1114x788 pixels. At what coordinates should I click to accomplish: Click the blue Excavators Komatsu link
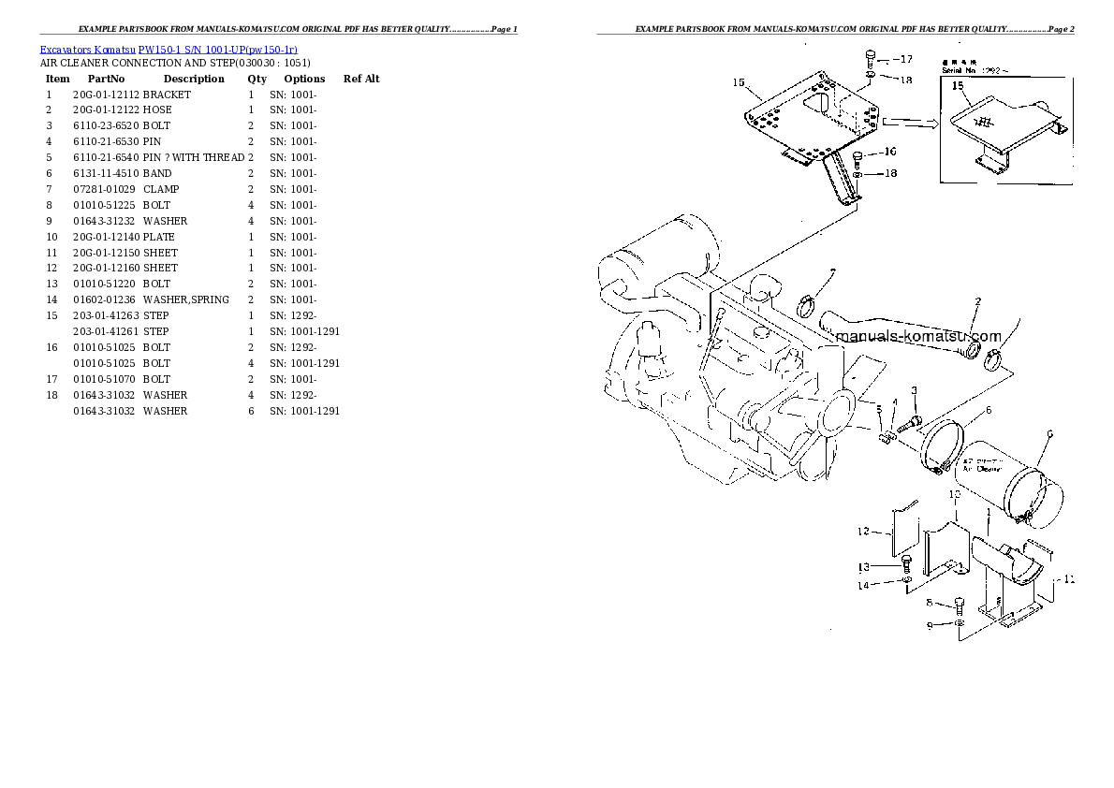pos(88,48)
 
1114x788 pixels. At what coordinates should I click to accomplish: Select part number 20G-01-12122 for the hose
pos(106,110)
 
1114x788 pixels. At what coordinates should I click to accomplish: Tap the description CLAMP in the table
pos(161,189)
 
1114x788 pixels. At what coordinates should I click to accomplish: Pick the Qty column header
pos(257,80)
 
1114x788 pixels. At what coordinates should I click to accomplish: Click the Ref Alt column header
pos(361,80)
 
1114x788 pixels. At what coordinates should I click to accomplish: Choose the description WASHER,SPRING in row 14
pos(185,299)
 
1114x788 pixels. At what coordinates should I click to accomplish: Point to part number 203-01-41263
pos(106,315)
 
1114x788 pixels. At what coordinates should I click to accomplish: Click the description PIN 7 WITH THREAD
pos(194,158)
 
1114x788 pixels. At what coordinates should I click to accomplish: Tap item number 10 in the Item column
pos(51,237)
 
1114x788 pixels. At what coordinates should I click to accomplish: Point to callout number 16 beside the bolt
pos(887,151)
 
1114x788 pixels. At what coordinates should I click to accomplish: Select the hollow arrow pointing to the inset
pos(909,121)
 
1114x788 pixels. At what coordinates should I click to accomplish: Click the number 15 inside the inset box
pos(958,87)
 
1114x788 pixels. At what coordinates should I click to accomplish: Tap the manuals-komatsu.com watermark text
pos(917,337)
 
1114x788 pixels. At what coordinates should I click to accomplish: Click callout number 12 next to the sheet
pos(863,532)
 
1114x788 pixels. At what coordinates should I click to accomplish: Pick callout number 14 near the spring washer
pos(862,586)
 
